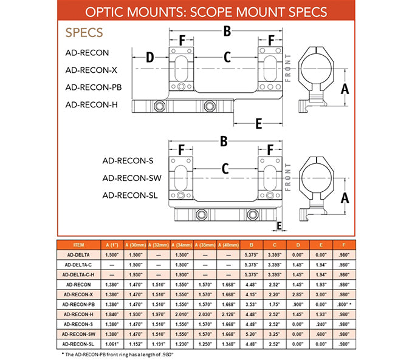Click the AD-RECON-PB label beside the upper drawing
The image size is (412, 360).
click(x=93, y=87)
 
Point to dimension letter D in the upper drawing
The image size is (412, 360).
click(x=149, y=58)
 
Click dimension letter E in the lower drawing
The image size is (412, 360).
click(x=280, y=226)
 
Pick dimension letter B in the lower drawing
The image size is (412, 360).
click(x=224, y=141)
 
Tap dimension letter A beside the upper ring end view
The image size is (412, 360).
click(x=345, y=89)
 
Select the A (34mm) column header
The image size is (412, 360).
click(x=182, y=244)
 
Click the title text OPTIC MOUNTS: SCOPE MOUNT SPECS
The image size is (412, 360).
click(x=206, y=12)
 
